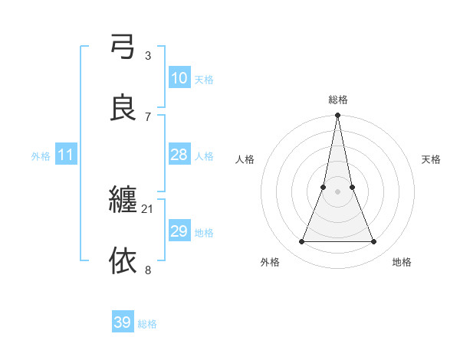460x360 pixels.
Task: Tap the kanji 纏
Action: coord(123,201)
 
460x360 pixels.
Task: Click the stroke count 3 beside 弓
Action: coord(147,55)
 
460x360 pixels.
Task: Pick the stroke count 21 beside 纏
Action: coord(148,208)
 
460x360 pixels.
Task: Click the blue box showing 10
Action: coord(179,78)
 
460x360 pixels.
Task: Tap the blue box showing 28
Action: coord(179,155)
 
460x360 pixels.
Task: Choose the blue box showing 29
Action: coord(179,231)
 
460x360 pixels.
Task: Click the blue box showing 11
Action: coord(65,155)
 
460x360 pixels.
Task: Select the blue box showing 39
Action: coord(122,322)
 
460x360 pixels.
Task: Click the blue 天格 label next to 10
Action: coord(204,80)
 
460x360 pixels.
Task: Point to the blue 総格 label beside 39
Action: coord(147,324)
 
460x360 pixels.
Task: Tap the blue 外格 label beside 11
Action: coord(41,156)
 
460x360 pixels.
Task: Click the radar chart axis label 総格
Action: coord(337,100)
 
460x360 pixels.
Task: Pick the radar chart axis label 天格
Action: coord(431,159)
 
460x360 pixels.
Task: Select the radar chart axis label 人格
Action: coord(245,159)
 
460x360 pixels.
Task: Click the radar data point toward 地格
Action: coord(374,242)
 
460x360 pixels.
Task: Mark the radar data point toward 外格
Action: coord(301,242)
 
